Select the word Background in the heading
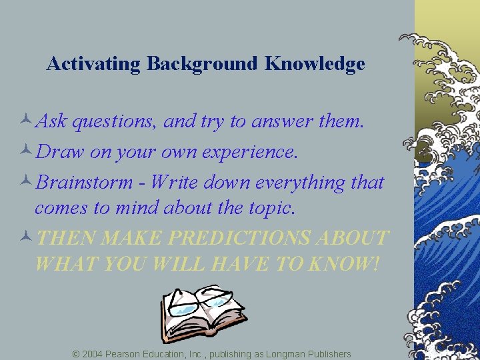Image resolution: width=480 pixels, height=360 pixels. tap(201, 64)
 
